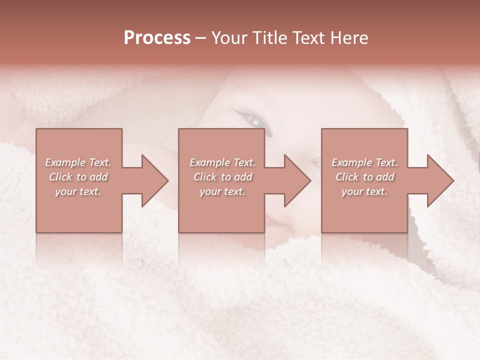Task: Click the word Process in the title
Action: pyautogui.click(x=157, y=38)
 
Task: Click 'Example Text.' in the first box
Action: pyautogui.click(x=78, y=162)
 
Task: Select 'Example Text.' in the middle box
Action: pyautogui.click(x=222, y=162)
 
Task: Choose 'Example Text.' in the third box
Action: pyautogui.click(x=364, y=162)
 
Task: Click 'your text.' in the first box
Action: pyautogui.click(x=78, y=191)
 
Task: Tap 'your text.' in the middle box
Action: pyautogui.click(x=222, y=191)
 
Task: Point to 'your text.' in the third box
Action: pyautogui.click(x=364, y=191)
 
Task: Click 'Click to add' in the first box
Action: pyautogui.click(x=78, y=177)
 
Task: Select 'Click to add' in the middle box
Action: pyautogui.click(x=222, y=177)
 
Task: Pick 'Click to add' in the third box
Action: pyautogui.click(x=365, y=177)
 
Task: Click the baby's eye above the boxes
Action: pyautogui.click(x=255, y=121)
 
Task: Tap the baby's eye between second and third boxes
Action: pyautogui.click(x=315, y=162)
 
